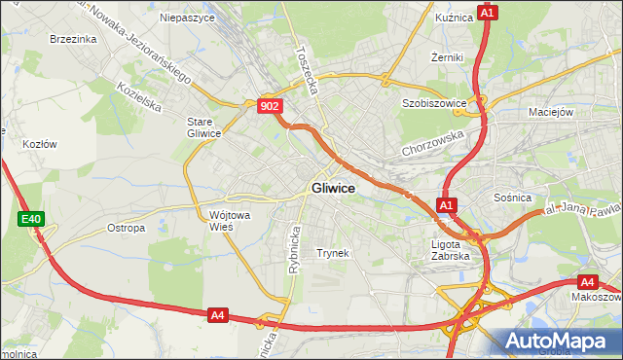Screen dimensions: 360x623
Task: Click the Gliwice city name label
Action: click(332, 188)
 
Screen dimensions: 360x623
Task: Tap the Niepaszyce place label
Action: click(186, 18)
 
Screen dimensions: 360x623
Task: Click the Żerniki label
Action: click(447, 57)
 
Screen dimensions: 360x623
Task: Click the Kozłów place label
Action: click(40, 144)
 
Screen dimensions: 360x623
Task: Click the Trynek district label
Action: click(332, 253)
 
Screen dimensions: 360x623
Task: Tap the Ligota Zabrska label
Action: click(450, 250)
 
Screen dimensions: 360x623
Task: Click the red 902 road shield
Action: click(271, 106)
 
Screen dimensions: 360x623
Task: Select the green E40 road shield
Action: click(30, 220)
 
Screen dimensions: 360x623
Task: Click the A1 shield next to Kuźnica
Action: click(488, 13)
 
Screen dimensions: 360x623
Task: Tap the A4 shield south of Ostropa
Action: click(218, 314)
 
